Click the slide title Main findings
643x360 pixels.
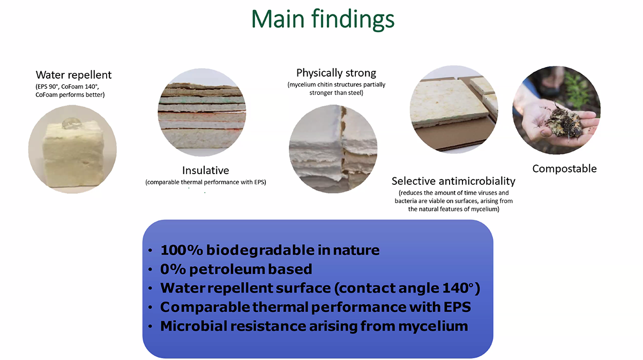tap(323, 19)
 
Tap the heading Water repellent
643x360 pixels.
tap(73, 75)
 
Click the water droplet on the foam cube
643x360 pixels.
tap(71, 123)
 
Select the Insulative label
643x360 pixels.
tap(206, 170)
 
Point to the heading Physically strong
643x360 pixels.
tap(336, 73)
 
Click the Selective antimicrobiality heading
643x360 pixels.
tap(453, 181)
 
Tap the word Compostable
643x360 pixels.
tap(564, 169)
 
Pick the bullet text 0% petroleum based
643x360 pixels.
tap(236, 269)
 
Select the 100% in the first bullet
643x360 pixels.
tap(182, 250)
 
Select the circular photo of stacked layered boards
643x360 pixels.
tap(202, 112)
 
